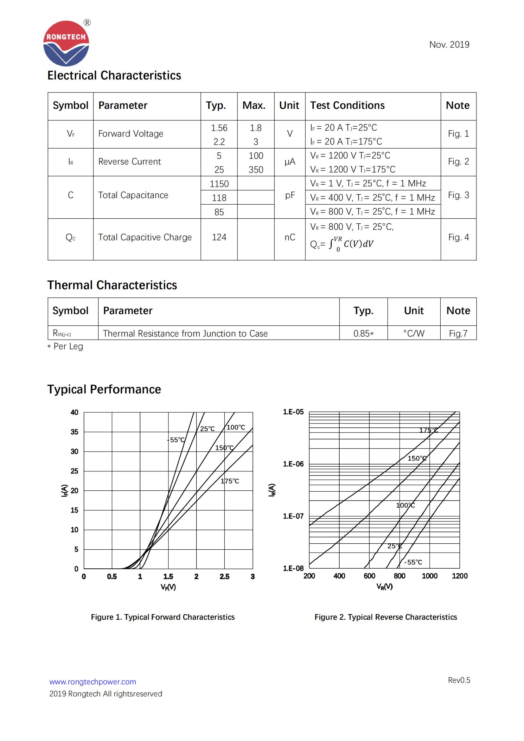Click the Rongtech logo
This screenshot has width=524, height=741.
[x=66, y=44]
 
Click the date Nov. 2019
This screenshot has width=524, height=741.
[x=449, y=45]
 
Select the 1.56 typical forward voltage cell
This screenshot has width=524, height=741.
[x=219, y=128]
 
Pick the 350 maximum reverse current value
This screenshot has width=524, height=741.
[x=256, y=169]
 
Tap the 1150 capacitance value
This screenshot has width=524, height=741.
[x=219, y=184]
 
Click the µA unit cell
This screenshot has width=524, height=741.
[x=290, y=162]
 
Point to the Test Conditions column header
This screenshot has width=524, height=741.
[x=347, y=105]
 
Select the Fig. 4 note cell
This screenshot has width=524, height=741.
[x=458, y=237]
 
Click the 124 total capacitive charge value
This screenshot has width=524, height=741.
[x=219, y=237]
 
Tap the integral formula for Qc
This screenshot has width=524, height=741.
[x=342, y=244]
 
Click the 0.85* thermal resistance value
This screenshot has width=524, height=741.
[x=363, y=333]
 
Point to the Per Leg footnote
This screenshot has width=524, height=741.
[x=65, y=346]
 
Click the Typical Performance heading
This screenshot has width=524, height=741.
[x=104, y=389]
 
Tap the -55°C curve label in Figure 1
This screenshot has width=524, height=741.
[x=176, y=440]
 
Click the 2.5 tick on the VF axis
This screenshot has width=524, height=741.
[x=224, y=577]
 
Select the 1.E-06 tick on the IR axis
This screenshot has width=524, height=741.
[x=293, y=464]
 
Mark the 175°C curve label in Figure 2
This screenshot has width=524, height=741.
[x=429, y=430]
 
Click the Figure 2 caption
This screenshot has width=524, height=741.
[x=386, y=617]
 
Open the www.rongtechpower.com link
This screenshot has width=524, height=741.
[x=93, y=682]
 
